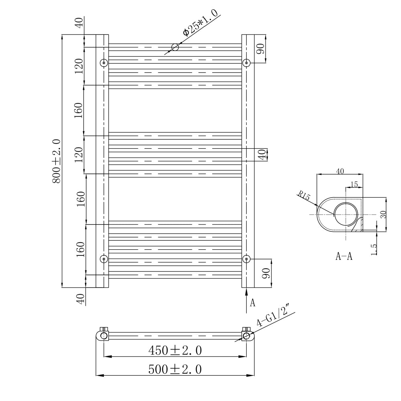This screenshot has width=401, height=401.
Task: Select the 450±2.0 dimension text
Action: click(175, 350)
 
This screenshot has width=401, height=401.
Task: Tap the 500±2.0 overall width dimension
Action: click(175, 369)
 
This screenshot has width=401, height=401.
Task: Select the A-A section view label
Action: click(344, 257)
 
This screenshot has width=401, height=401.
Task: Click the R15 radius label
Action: click(304, 196)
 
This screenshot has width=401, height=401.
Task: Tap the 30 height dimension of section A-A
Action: click(383, 215)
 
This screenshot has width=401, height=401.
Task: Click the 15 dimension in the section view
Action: click(354, 184)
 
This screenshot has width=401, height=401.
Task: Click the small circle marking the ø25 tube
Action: click(175, 47)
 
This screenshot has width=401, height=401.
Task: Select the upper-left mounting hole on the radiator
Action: click(104, 63)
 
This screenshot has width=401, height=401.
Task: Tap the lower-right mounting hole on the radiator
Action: click(246, 259)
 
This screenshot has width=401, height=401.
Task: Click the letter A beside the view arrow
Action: click(253, 302)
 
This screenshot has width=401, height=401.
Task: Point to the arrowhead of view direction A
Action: click(246, 291)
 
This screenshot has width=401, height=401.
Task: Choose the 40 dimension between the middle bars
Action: click(262, 155)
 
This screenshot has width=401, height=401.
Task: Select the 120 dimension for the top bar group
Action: click(78, 66)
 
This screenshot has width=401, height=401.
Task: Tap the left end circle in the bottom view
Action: click(103, 336)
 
